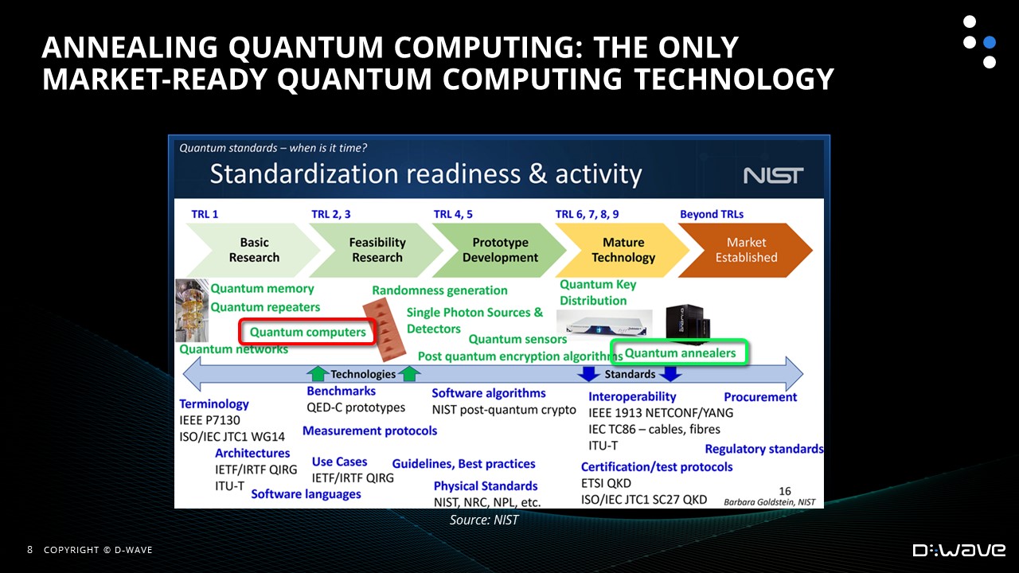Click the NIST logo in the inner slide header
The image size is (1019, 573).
pos(773,176)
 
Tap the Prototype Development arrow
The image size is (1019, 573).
pos(499,250)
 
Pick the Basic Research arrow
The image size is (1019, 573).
pos(253,250)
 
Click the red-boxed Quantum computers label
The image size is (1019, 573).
pos(307,332)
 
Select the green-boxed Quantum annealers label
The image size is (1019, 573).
pos(680,353)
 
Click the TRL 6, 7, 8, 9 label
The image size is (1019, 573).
pos(587,214)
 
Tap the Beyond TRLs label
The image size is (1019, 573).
pos(712,214)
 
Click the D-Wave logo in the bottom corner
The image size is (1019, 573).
pos(959,550)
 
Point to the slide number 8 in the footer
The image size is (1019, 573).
pos(30,550)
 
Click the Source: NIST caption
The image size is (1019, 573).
pos(484,520)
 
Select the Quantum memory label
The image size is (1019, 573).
pos(262,288)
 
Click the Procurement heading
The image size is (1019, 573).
pos(760,397)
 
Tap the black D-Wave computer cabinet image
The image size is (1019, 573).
pos(688,322)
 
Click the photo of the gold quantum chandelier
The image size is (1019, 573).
pos(192,310)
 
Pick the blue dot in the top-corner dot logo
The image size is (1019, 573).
pos(990,42)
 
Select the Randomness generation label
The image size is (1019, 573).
pos(439,290)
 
